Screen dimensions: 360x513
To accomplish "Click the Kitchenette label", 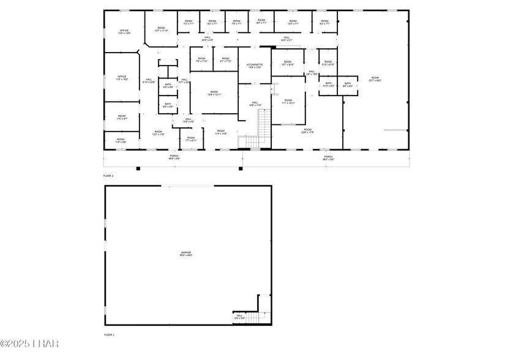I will [255, 66].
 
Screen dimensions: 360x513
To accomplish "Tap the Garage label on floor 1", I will [186, 253].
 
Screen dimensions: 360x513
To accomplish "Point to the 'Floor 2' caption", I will [108, 176].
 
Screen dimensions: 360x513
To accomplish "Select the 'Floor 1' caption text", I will [108, 335].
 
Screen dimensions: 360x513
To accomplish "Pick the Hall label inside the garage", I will [239, 317].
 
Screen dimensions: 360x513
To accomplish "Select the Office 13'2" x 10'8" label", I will [124, 32].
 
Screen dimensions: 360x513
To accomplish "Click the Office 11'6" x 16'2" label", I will [122, 78].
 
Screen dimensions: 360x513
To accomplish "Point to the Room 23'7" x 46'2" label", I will [375, 79].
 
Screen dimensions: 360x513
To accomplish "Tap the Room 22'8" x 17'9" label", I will [307, 130].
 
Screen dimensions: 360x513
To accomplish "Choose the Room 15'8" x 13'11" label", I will [214, 93].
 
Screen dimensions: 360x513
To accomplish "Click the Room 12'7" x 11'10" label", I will [161, 29].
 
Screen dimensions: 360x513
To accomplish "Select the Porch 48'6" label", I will [174, 157].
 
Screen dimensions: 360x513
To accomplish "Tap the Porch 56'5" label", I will [329, 157].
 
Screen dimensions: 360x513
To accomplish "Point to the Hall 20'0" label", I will [208, 39].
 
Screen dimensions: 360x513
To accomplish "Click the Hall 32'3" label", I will [286, 39].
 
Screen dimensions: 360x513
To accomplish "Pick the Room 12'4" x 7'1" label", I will [293, 22].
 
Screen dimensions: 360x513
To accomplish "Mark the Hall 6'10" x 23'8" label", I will [149, 81].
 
